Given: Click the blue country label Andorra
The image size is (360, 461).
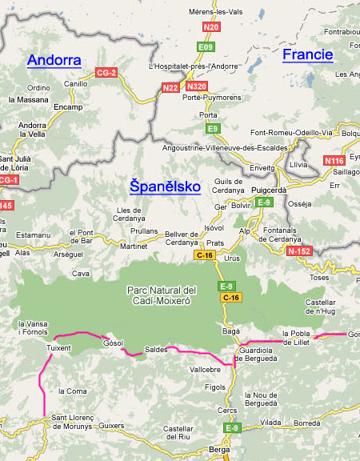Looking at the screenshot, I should click(54, 60).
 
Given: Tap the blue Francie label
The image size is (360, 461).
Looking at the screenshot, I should click(307, 54).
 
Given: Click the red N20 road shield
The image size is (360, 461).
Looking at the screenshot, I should click(211, 27).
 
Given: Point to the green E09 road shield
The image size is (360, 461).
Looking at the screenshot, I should click(206, 47).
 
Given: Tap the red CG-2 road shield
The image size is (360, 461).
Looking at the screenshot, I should click(106, 73).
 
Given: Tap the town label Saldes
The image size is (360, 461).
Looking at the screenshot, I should click(156, 350).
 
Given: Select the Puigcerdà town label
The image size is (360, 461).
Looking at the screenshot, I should click(274, 190).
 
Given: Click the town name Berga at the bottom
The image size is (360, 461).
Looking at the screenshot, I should click(218, 451).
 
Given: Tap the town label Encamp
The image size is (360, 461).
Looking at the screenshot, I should click(68, 106).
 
